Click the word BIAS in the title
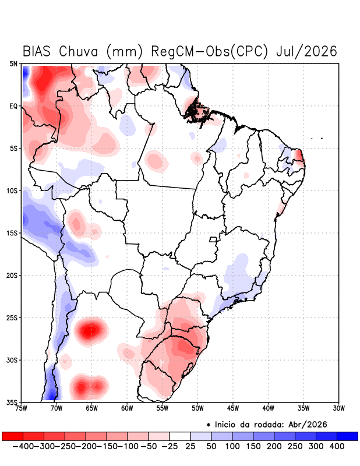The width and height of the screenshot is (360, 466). point(37,51)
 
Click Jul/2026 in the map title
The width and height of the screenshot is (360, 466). point(306,51)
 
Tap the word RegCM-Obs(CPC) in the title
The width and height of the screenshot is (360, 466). point(210,51)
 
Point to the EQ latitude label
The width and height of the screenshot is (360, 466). point(13,106)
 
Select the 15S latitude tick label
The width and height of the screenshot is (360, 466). point(12,233)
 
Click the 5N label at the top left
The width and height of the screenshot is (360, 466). point(13,63)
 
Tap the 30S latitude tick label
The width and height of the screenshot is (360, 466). point(12,360)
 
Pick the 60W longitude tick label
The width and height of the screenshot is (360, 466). point(127,408)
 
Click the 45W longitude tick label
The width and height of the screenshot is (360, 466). point(233,408)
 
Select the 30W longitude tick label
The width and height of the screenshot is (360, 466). point(338,408)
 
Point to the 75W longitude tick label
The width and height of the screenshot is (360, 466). point(21,408)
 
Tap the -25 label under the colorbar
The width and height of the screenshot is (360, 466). point(169,446)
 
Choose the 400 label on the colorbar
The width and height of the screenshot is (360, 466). point(337,446)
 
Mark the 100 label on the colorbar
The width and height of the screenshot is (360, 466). point(232,446)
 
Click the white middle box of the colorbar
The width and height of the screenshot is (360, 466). point(180,436)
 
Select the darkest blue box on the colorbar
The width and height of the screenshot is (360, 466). point(348,436)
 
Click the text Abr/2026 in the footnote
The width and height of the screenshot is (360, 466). point(308,425)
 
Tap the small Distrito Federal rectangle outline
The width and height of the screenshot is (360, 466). point(213,239)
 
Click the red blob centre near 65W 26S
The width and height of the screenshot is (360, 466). point(91,330)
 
